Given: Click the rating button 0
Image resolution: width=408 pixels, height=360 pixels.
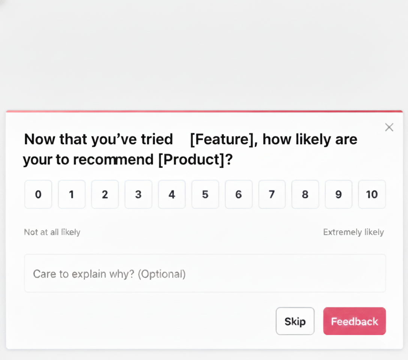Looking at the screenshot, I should coord(38,194).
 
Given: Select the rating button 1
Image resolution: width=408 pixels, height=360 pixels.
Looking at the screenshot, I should coord(72,194).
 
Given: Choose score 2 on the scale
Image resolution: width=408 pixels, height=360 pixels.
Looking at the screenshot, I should coord(105,194).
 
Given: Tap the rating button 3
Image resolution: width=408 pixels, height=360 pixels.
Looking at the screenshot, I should coord(138,194).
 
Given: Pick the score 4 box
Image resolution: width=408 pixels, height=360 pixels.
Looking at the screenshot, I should coord(172,194).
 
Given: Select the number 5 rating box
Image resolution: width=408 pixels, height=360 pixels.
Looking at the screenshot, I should coord(205,194).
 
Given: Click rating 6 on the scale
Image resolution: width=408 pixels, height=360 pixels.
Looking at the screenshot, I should coord(238,194).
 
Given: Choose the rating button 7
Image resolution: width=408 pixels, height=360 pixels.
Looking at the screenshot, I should coord(272,194).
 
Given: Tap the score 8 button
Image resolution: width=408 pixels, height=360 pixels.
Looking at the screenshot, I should coord(305,194).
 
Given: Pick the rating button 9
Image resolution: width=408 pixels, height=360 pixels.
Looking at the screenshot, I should coord(339,194).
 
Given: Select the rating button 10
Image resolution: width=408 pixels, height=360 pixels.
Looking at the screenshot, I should coord(372,194).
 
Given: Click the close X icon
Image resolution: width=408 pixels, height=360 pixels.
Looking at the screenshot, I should coord(389,127).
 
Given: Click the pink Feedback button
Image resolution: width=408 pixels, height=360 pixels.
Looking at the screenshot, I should coord(354,321).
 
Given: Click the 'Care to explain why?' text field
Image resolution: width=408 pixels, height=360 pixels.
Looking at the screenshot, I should coord(205,273).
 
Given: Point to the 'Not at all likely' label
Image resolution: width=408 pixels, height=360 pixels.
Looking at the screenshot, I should coord(52,232).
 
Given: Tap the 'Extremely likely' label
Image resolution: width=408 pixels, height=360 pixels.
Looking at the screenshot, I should coord(353,232).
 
